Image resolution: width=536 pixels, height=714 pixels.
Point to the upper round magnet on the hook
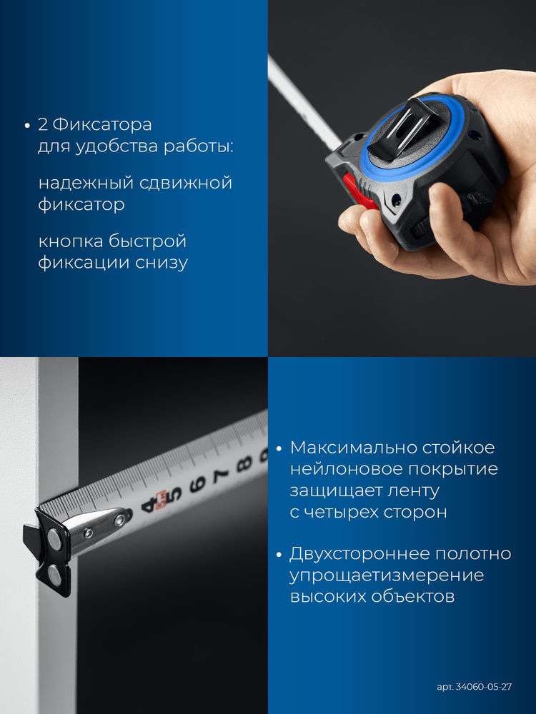pyautogui.click(x=54, y=539)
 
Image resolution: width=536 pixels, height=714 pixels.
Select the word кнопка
pyautogui.click(x=70, y=241)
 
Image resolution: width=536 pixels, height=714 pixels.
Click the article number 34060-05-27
pyautogui.click(x=484, y=687)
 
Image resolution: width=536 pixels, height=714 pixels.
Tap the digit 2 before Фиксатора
pyautogui.click(x=42, y=124)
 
